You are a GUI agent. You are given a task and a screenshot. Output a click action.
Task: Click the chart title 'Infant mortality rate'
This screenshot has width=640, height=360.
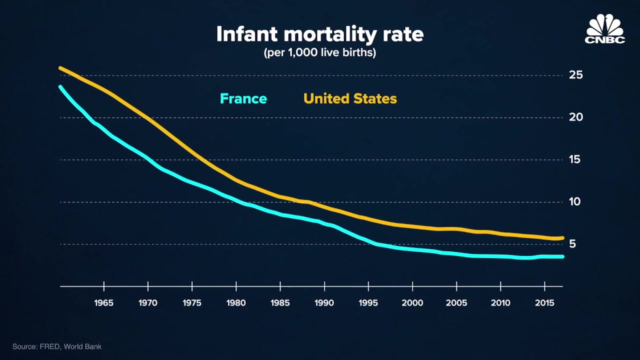320,34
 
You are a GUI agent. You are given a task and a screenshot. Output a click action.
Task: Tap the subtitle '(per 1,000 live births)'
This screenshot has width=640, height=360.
320,52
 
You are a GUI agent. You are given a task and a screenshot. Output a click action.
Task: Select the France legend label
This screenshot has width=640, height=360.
243,98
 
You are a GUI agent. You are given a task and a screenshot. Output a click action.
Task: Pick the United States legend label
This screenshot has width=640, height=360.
350,98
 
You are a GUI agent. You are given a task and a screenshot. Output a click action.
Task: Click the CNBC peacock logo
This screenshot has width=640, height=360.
605,29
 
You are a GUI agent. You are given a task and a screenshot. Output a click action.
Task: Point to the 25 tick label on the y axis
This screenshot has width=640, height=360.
576,75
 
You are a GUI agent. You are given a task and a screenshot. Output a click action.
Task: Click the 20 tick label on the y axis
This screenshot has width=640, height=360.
576,117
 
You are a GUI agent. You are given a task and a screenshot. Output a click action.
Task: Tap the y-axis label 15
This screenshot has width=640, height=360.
576,159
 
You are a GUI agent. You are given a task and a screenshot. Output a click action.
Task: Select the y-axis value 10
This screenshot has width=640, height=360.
576,201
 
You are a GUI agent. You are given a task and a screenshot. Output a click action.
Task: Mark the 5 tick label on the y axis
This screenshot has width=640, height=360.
572,244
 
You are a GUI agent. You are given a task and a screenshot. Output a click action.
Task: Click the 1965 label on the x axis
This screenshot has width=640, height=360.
104,303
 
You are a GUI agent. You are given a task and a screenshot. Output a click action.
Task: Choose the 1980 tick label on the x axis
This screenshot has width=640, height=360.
236,303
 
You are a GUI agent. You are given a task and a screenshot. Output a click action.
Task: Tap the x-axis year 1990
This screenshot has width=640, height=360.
324,303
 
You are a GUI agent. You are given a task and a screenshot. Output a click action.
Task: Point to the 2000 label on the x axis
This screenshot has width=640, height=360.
412,303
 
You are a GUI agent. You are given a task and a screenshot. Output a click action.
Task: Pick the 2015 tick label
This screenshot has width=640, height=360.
544,303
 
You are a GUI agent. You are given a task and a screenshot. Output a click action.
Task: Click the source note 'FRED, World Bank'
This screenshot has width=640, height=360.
57,346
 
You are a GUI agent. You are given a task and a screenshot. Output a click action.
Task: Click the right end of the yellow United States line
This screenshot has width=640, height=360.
562,238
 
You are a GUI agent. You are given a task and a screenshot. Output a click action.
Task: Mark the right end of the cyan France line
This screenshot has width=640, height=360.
562,256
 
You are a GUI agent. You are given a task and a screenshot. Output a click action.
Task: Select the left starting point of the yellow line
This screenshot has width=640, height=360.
60,68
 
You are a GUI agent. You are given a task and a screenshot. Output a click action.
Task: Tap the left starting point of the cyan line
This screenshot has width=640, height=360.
60,87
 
